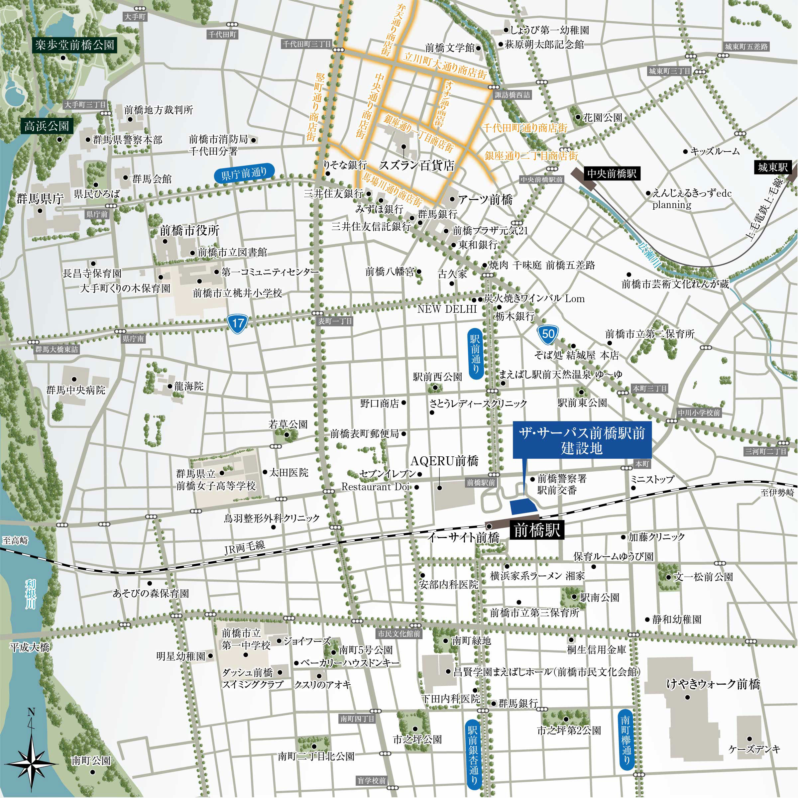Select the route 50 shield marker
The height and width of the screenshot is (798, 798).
click(548, 333)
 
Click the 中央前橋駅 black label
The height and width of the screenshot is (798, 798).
click(612, 173)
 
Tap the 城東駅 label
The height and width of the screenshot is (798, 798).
click(772, 167)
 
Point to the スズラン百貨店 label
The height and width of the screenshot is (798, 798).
click(416, 166)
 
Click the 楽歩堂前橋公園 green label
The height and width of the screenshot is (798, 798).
click(75, 45)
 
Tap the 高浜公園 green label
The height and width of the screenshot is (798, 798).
click(47, 126)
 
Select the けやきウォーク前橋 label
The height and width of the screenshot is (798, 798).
click(713, 685)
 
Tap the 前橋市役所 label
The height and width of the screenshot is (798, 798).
click(189, 230)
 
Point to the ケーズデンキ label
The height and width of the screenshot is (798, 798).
click(754, 749)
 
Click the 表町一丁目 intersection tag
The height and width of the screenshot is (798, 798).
click(335, 321)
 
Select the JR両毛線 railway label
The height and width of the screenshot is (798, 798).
click(245, 547)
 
